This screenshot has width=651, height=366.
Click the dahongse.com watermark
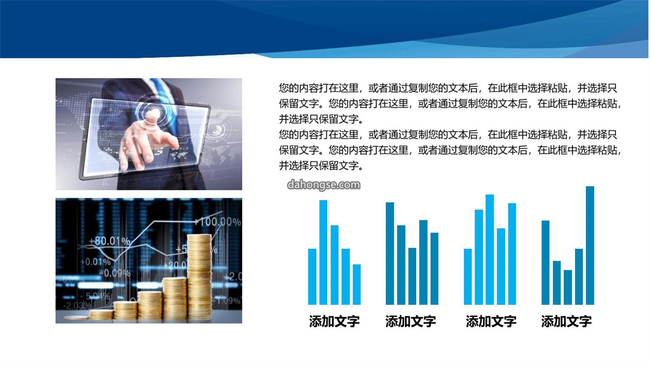click(x=324, y=185)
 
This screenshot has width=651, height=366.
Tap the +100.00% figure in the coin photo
click(x=217, y=222)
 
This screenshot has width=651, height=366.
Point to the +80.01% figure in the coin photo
click(x=110, y=241)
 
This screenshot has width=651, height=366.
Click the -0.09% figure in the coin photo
click(x=115, y=273)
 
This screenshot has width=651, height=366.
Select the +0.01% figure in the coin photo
click(x=95, y=262)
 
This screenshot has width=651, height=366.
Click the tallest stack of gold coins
click(x=200, y=278)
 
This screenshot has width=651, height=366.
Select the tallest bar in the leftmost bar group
click(x=323, y=252)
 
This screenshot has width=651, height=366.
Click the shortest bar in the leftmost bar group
click(x=357, y=284)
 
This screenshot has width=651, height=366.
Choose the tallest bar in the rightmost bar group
click(x=590, y=245)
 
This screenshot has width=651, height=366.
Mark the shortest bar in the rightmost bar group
click(x=568, y=287)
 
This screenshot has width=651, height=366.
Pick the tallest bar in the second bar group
click(x=390, y=254)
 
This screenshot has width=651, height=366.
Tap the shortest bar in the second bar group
click(x=412, y=277)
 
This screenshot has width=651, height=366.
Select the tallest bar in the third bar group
click(x=489, y=249)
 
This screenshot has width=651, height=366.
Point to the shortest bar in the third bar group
click(x=468, y=277)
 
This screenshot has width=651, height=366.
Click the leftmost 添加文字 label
click(x=334, y=321)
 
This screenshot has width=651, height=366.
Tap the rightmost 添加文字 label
click(x=566, y=321)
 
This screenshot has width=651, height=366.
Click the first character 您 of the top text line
click(x=284, y=88)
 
